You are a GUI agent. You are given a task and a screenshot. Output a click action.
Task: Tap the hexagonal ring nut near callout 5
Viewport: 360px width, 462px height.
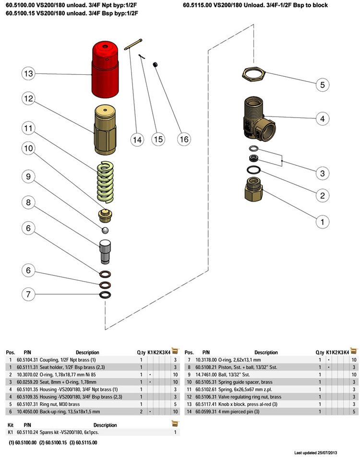(x=253, y=74)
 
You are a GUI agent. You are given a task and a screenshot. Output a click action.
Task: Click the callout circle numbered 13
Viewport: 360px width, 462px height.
(x=29, y=74)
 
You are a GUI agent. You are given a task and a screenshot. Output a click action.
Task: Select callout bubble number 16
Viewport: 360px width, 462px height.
(x=183, y=139)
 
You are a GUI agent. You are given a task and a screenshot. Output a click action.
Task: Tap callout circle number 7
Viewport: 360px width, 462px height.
(x=29, y=294)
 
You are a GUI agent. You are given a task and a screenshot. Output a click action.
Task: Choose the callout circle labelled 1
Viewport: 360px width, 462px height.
(x=323, y=222)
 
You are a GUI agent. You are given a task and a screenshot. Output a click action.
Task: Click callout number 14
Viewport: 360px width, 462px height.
(x=138, y=140)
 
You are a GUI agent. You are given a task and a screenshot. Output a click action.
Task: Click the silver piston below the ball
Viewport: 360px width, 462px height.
(x=105, y=251)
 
